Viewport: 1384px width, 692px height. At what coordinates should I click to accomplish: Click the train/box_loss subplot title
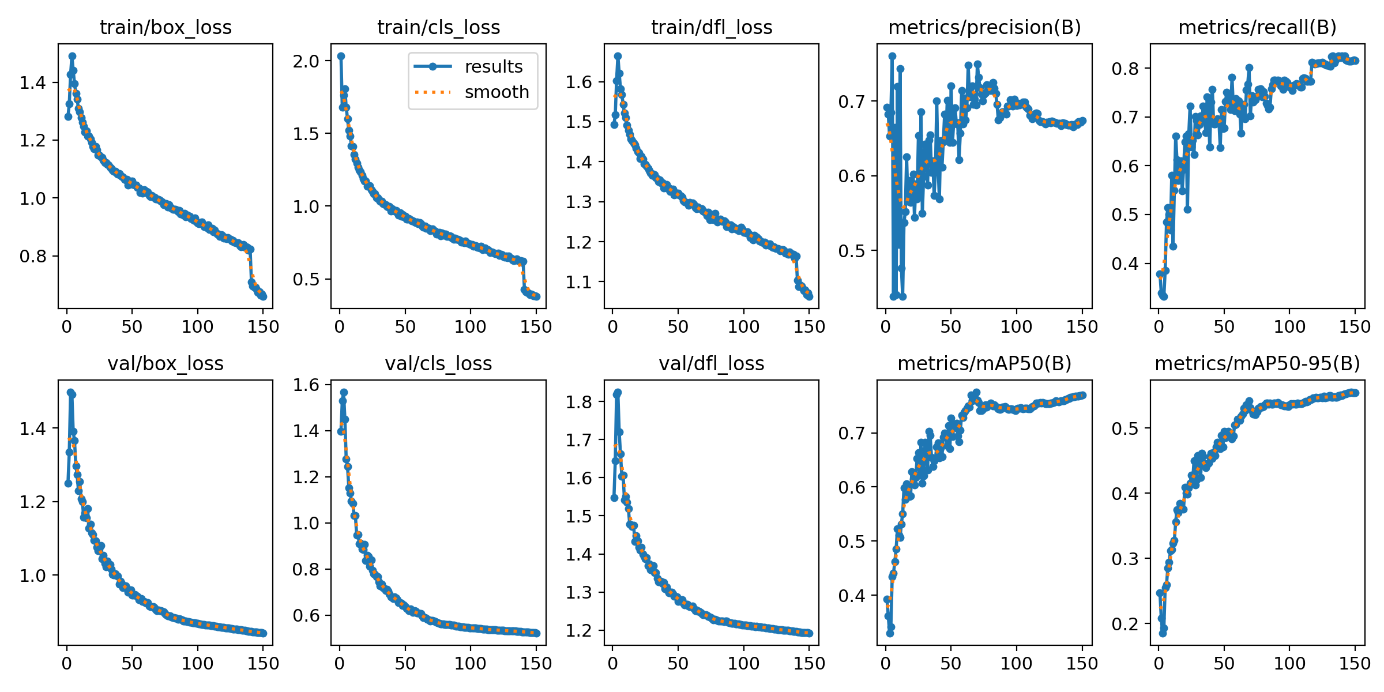click(166, 27)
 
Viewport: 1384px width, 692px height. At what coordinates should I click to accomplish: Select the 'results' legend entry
click(493, 67)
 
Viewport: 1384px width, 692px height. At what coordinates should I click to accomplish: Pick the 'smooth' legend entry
click(497, 92)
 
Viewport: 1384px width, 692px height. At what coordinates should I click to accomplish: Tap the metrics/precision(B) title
click(984, 27)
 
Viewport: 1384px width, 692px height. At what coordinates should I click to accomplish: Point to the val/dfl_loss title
click(712, 363)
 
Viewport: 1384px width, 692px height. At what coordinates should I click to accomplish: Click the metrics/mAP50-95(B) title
click(1257, 363)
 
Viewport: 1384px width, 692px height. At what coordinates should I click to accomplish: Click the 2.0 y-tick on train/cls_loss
click(306, 61)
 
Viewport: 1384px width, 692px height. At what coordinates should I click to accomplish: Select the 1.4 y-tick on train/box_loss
click(33, 83)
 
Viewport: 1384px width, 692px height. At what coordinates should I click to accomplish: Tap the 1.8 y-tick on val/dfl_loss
click(579, 402)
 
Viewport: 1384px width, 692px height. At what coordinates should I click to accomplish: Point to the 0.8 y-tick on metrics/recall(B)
click(1125, 69)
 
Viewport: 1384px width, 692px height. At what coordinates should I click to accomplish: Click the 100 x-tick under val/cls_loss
click(470, 663)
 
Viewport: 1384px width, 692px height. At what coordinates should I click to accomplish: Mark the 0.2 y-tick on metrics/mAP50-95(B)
click(1125, 624)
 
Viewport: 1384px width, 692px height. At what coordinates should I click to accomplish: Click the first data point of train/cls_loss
click(341, 56)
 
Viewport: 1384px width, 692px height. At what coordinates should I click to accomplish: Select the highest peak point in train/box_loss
click(72, 57)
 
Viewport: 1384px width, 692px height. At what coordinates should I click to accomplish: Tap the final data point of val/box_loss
click(263, 633)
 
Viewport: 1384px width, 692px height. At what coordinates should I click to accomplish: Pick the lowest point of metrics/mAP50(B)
click(890, 633)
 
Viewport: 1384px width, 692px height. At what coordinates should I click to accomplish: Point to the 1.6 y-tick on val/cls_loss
click(306, 385)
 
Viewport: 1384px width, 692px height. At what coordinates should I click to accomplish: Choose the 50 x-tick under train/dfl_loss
click(678, 327)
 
